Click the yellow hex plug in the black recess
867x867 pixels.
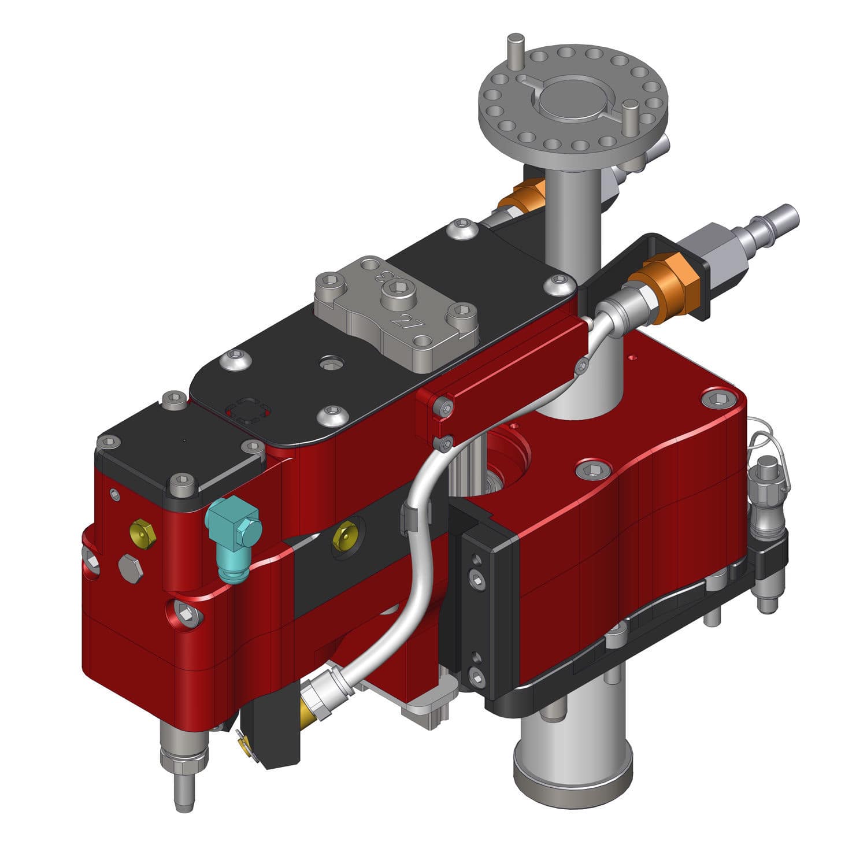(345, 535)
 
